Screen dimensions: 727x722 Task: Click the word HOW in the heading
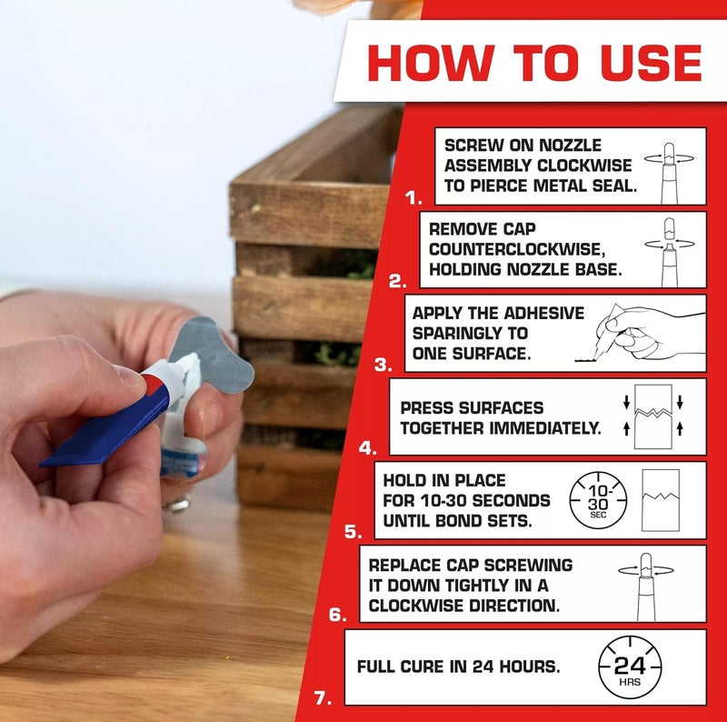click(x=430, y=63)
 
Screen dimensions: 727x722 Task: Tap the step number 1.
click(x=413, y=198)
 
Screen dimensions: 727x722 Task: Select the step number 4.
click(x=368, y=448)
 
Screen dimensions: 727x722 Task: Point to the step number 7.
click(x=323, y=698)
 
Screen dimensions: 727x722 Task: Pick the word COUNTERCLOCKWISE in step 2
click(x=517, y=249)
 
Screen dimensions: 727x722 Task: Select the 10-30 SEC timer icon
click(x=598, y=501)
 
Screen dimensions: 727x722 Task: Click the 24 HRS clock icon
click(x=630, y=667)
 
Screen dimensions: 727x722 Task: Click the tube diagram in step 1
click(x=669, y=174)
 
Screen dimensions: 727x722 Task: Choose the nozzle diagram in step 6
click(x=646, y=587)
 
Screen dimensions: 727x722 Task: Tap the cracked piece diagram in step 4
click(x=653, y=416)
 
